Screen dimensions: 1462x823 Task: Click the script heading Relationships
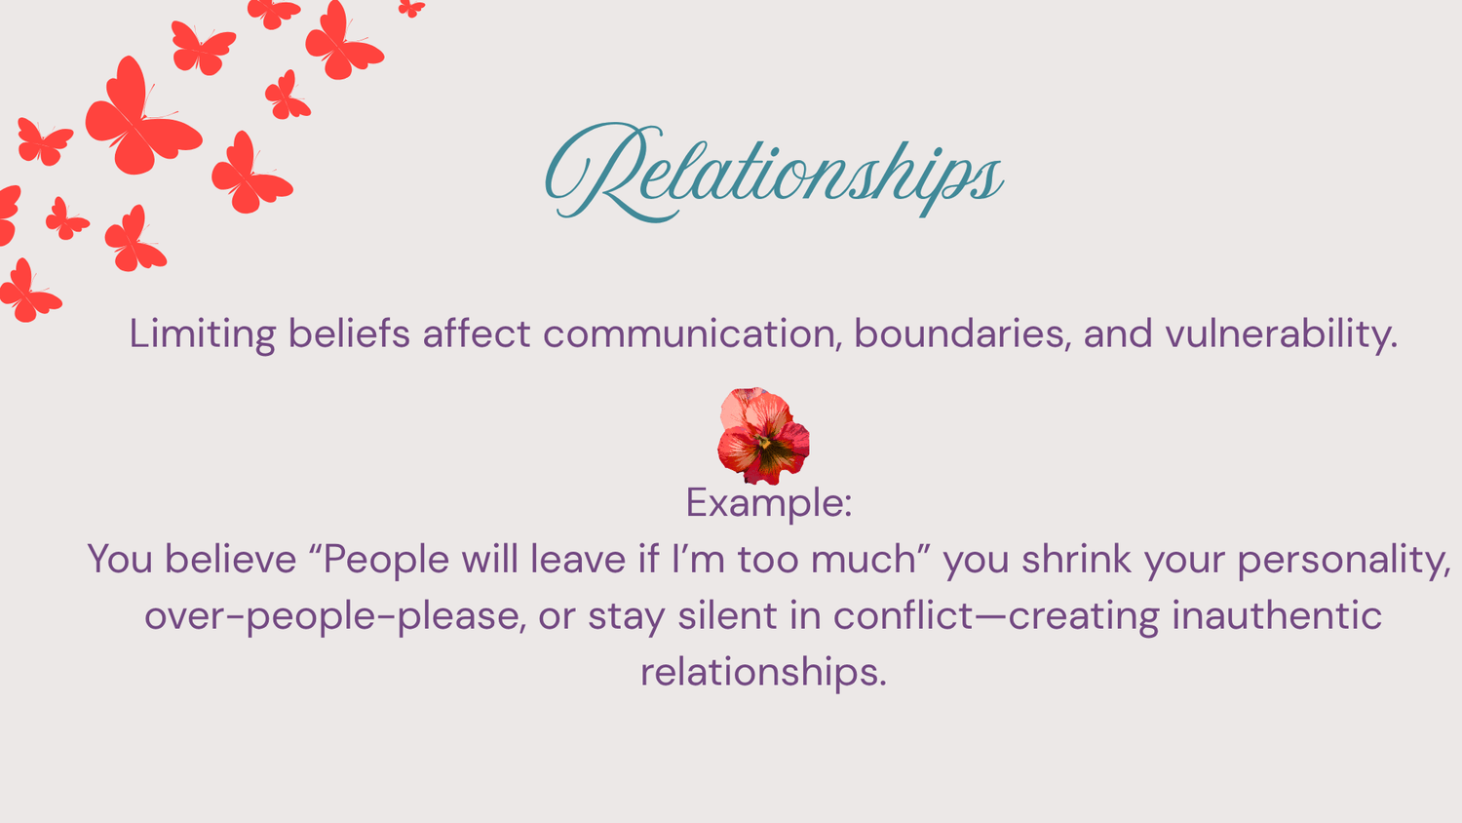coord(774,172)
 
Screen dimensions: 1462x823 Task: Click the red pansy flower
coord(763,436)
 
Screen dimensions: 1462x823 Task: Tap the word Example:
coord(769,503)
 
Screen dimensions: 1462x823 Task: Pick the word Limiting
coord(203,334)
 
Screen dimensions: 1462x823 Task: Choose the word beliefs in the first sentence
coord(349,333)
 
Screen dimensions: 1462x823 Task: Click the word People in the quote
coord(386,561)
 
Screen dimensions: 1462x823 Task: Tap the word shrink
coord(1076,559)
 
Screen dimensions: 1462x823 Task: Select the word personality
coord(1344,561)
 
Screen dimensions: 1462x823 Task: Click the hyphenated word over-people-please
coord(335,617)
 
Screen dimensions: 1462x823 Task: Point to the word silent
coord(727,616)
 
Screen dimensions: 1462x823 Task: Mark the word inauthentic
coord(1277,616)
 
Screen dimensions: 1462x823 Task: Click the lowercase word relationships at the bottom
coord(763,673)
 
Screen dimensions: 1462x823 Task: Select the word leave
coord(578,559)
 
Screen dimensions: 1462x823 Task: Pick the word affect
coord(477,333)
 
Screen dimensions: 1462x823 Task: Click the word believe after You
coord(230,559)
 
